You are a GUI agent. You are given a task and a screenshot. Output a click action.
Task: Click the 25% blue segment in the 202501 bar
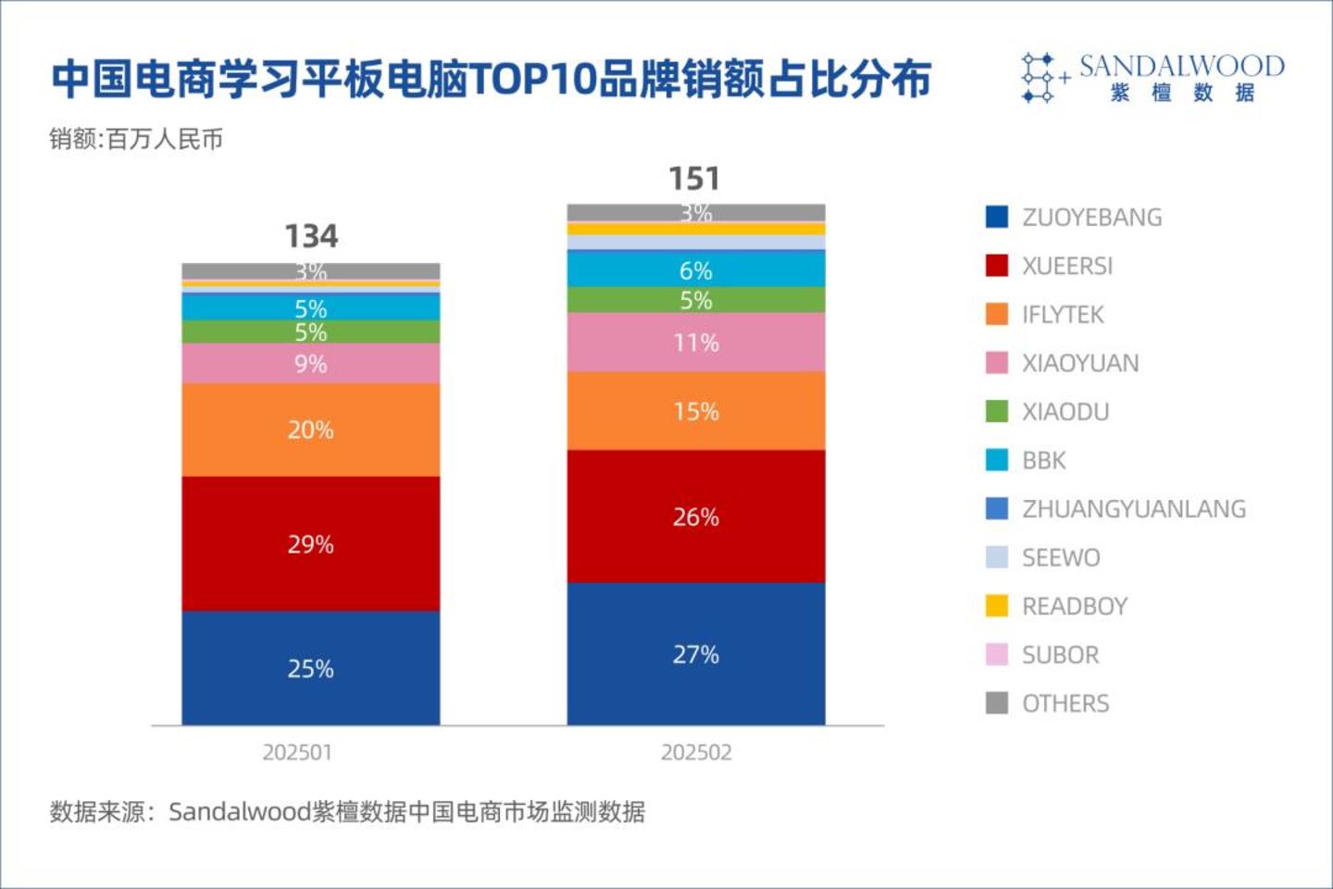coord(310,668)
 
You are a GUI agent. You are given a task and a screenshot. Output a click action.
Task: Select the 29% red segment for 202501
coord(310,544)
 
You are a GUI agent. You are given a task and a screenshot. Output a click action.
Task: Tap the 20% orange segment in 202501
coord(310,430)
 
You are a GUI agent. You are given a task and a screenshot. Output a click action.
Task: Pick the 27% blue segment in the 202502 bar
coord(695,654)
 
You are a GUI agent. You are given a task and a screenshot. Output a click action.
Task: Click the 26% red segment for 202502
coord(695,516)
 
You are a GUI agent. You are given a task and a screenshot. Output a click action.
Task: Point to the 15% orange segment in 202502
coord(695,411)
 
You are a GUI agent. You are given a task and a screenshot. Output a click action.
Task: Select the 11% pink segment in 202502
coord(695,343)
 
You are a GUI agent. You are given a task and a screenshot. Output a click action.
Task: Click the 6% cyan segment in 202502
coord(695,269)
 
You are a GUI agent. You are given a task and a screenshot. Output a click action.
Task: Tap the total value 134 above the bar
coord(311,236)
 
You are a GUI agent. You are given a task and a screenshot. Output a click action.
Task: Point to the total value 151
coord(694,178)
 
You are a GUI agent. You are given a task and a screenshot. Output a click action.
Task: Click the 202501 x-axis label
coord(296,752)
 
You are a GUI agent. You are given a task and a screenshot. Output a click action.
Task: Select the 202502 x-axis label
coord(696,752)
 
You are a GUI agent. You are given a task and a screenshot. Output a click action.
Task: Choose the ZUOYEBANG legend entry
coord(1091,218)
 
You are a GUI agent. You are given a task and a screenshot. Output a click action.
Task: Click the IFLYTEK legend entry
coord(1063,315)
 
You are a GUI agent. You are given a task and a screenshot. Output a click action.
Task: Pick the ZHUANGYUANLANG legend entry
coord(1133,509)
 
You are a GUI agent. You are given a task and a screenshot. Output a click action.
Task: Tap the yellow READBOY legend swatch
coord(997,607)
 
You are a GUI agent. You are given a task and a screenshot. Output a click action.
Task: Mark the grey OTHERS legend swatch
coord(997,704)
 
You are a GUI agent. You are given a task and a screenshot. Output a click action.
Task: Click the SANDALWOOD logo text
coord(1181,67)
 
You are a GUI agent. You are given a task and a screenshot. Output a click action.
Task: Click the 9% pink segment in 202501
coord(310,364)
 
